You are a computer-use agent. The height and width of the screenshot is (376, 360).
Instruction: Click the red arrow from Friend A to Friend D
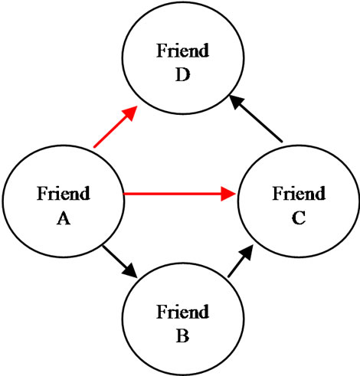tap(116, 126)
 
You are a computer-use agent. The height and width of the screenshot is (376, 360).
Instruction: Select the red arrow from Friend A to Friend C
tap(179, 194)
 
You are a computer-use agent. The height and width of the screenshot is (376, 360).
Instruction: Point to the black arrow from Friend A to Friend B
tap(119, 262)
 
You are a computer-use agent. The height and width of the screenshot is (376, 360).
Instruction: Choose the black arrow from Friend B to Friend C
tap(241, 260)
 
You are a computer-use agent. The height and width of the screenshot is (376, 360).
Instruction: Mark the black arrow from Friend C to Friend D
tap(256, 118)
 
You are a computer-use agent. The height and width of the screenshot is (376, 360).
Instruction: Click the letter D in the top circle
tap(183, 75)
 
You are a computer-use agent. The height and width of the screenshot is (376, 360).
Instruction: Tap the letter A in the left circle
tap(64, 219)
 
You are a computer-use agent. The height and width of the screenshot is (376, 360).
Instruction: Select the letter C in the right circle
tap(299, 218)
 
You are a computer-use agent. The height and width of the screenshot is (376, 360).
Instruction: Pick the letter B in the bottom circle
tap(183, 336)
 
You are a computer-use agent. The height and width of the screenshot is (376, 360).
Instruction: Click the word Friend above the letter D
tap(183, 51)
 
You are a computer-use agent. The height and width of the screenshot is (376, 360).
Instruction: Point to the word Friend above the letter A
tap(64, 193)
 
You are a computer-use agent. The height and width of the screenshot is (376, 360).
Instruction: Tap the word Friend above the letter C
tap(299, 193)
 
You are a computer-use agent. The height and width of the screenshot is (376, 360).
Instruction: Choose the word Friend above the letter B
tap(183, 312)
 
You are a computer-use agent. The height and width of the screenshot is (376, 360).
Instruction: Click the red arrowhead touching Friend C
tap(228, 194)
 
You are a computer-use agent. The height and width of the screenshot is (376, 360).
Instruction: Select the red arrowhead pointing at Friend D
tap(131, 113)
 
